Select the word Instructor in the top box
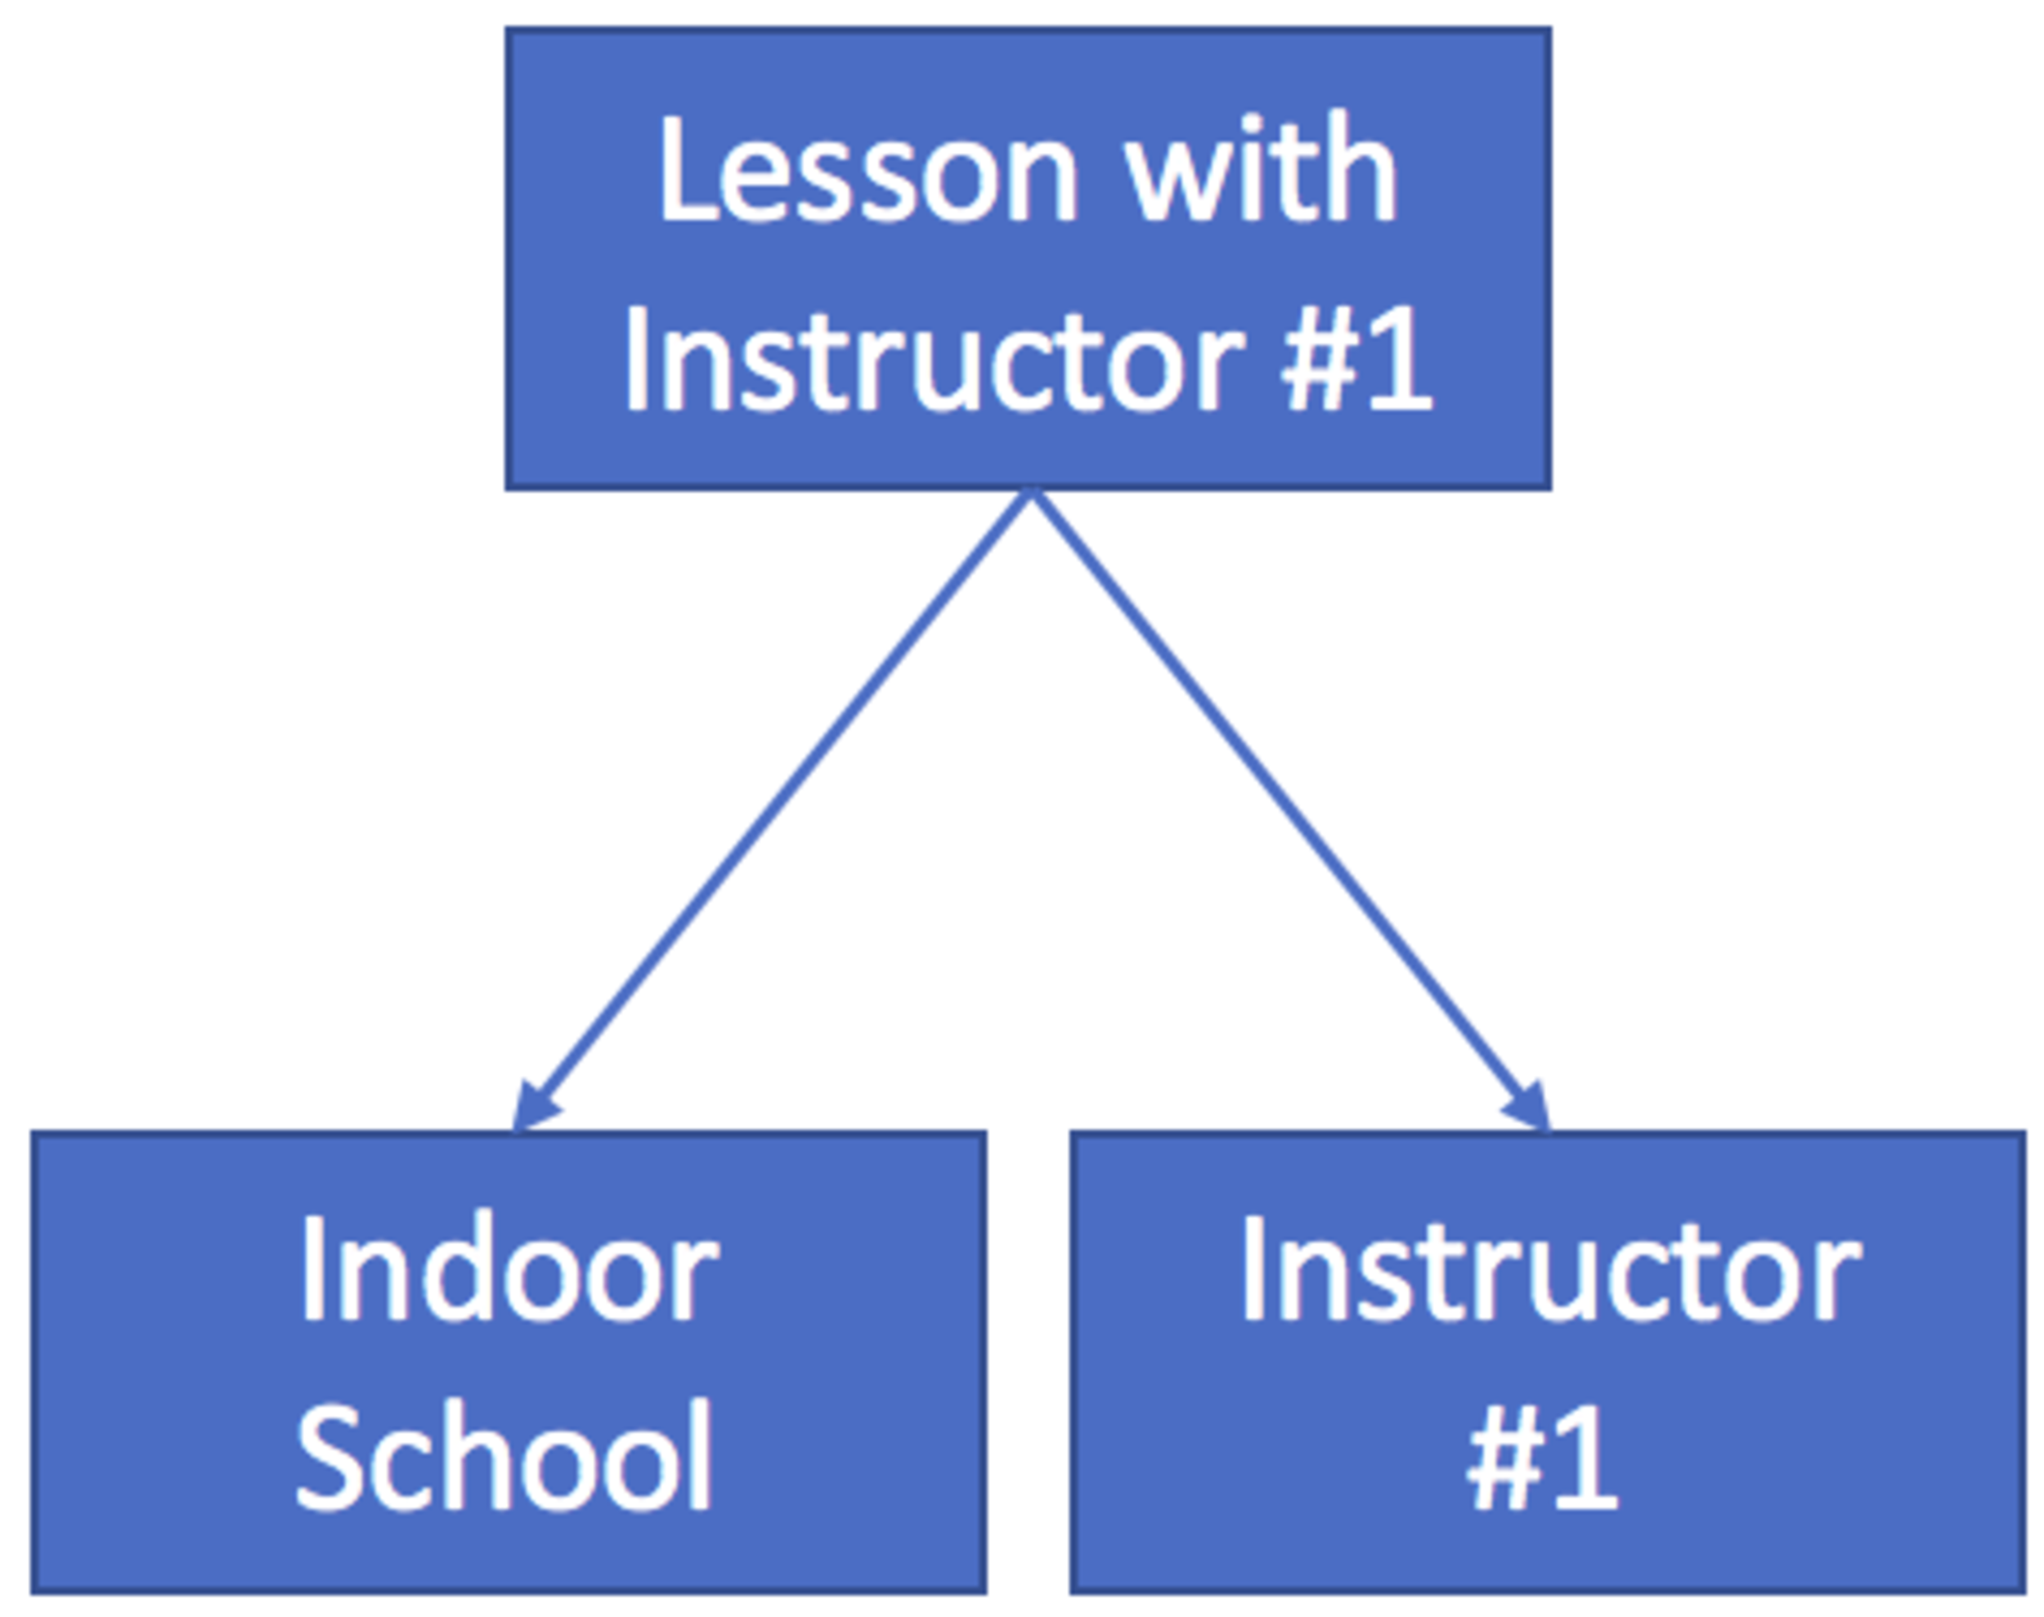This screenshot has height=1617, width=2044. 933,358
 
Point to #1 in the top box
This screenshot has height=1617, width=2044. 1356,358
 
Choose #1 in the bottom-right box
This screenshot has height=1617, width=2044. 1541,1457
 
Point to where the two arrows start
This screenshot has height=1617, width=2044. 1030,492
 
